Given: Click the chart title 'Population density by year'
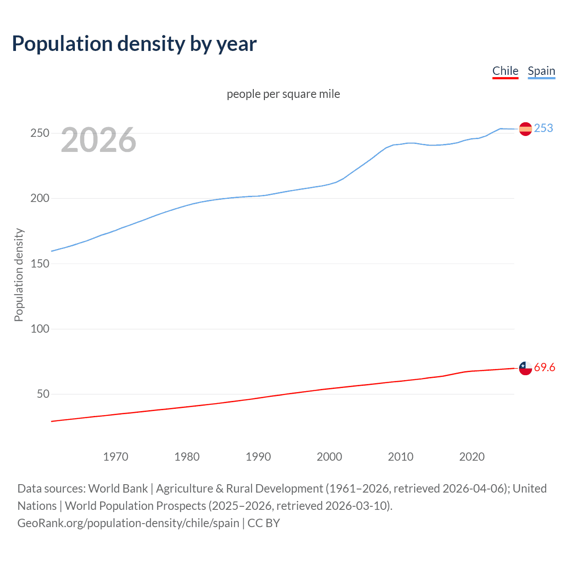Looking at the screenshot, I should point(134,44).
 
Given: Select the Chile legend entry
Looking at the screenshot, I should point(505,71).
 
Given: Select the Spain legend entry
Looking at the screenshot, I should point(541,71).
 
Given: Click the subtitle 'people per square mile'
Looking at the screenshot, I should point(283,94).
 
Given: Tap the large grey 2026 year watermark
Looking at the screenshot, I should point(98,140).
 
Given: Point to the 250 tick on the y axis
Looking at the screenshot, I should point(39,133).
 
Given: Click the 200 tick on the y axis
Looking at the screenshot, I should point(39,198).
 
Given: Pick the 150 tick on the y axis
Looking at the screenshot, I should point(39,264).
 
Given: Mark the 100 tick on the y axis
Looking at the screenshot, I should point(39,329).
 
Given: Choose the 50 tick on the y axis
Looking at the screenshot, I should point(43,394).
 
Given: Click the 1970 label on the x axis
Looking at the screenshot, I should point(116,457).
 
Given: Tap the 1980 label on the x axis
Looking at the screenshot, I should point(187,457).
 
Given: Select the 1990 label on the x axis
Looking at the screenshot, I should point(258,457).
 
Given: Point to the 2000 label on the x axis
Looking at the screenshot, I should point(329,457).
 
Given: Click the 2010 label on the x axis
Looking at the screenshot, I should point(400,457).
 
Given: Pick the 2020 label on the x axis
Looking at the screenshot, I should point(472,457).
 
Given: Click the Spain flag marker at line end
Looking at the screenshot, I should point(525,129).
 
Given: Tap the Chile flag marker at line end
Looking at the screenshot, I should point(525,368).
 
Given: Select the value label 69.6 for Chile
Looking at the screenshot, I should point(544,368).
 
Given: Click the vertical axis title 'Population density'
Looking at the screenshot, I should point(19,275).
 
